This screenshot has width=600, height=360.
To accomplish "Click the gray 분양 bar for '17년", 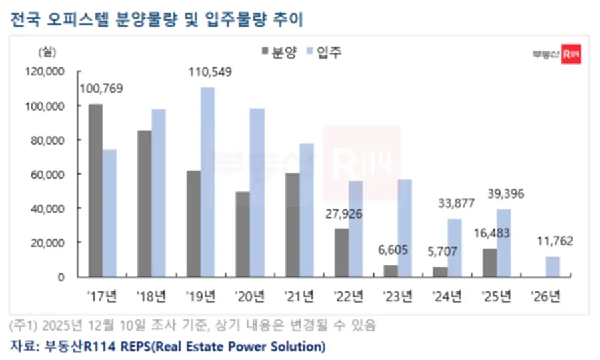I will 95,190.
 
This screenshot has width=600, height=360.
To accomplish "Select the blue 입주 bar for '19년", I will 207,181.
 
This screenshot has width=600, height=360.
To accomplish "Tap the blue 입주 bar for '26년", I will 552,266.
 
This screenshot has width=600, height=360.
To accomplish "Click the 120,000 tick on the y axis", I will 45,71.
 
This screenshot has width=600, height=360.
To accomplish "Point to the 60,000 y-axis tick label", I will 47,174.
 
